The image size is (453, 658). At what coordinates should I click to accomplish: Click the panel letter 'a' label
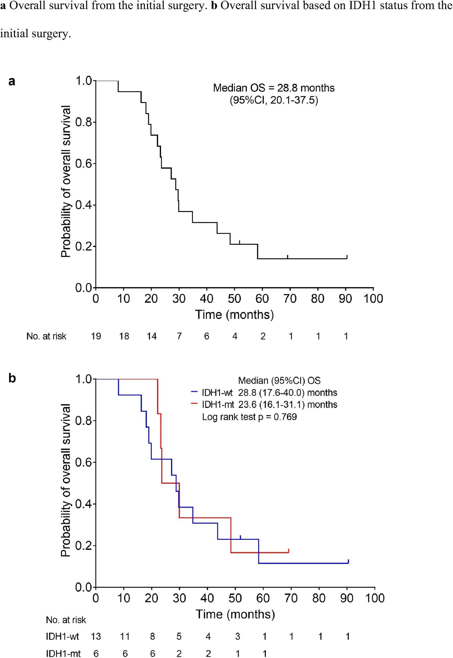click(x=12, y=82)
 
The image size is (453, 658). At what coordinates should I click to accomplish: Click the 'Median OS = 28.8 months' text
click(x=274, y=88)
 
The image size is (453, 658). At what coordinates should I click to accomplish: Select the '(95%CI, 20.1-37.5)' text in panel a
click(x=274, y=100)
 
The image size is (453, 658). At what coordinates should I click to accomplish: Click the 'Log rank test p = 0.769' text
click(x=249, y=417)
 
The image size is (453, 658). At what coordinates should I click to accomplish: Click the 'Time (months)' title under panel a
click(x=234, y=315)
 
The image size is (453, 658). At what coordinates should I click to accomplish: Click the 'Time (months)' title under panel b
click(x=235, y=614)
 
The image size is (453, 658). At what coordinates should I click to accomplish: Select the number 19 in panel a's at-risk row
click(x=96, y=336)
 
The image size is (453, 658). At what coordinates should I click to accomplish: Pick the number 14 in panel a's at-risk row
click(x=151, y=336)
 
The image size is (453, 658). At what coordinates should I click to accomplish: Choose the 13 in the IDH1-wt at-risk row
click(x=96, y=636)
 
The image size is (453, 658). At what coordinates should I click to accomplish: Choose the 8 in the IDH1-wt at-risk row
click(x=152, y=636)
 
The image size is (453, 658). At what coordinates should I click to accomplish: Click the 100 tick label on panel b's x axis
click(x=375, y=598)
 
